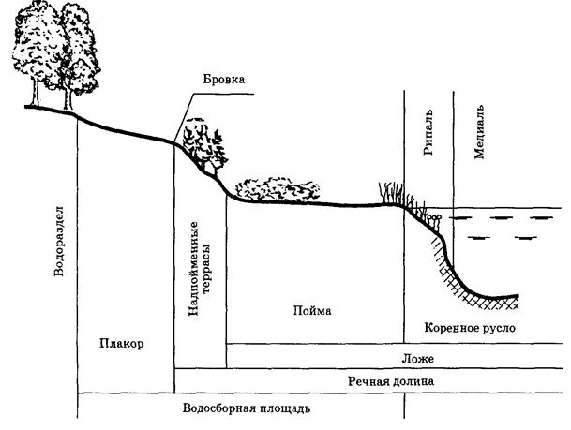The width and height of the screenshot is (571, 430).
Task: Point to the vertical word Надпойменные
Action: [193, 266]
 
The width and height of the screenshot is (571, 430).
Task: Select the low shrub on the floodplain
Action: [272, 187]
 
